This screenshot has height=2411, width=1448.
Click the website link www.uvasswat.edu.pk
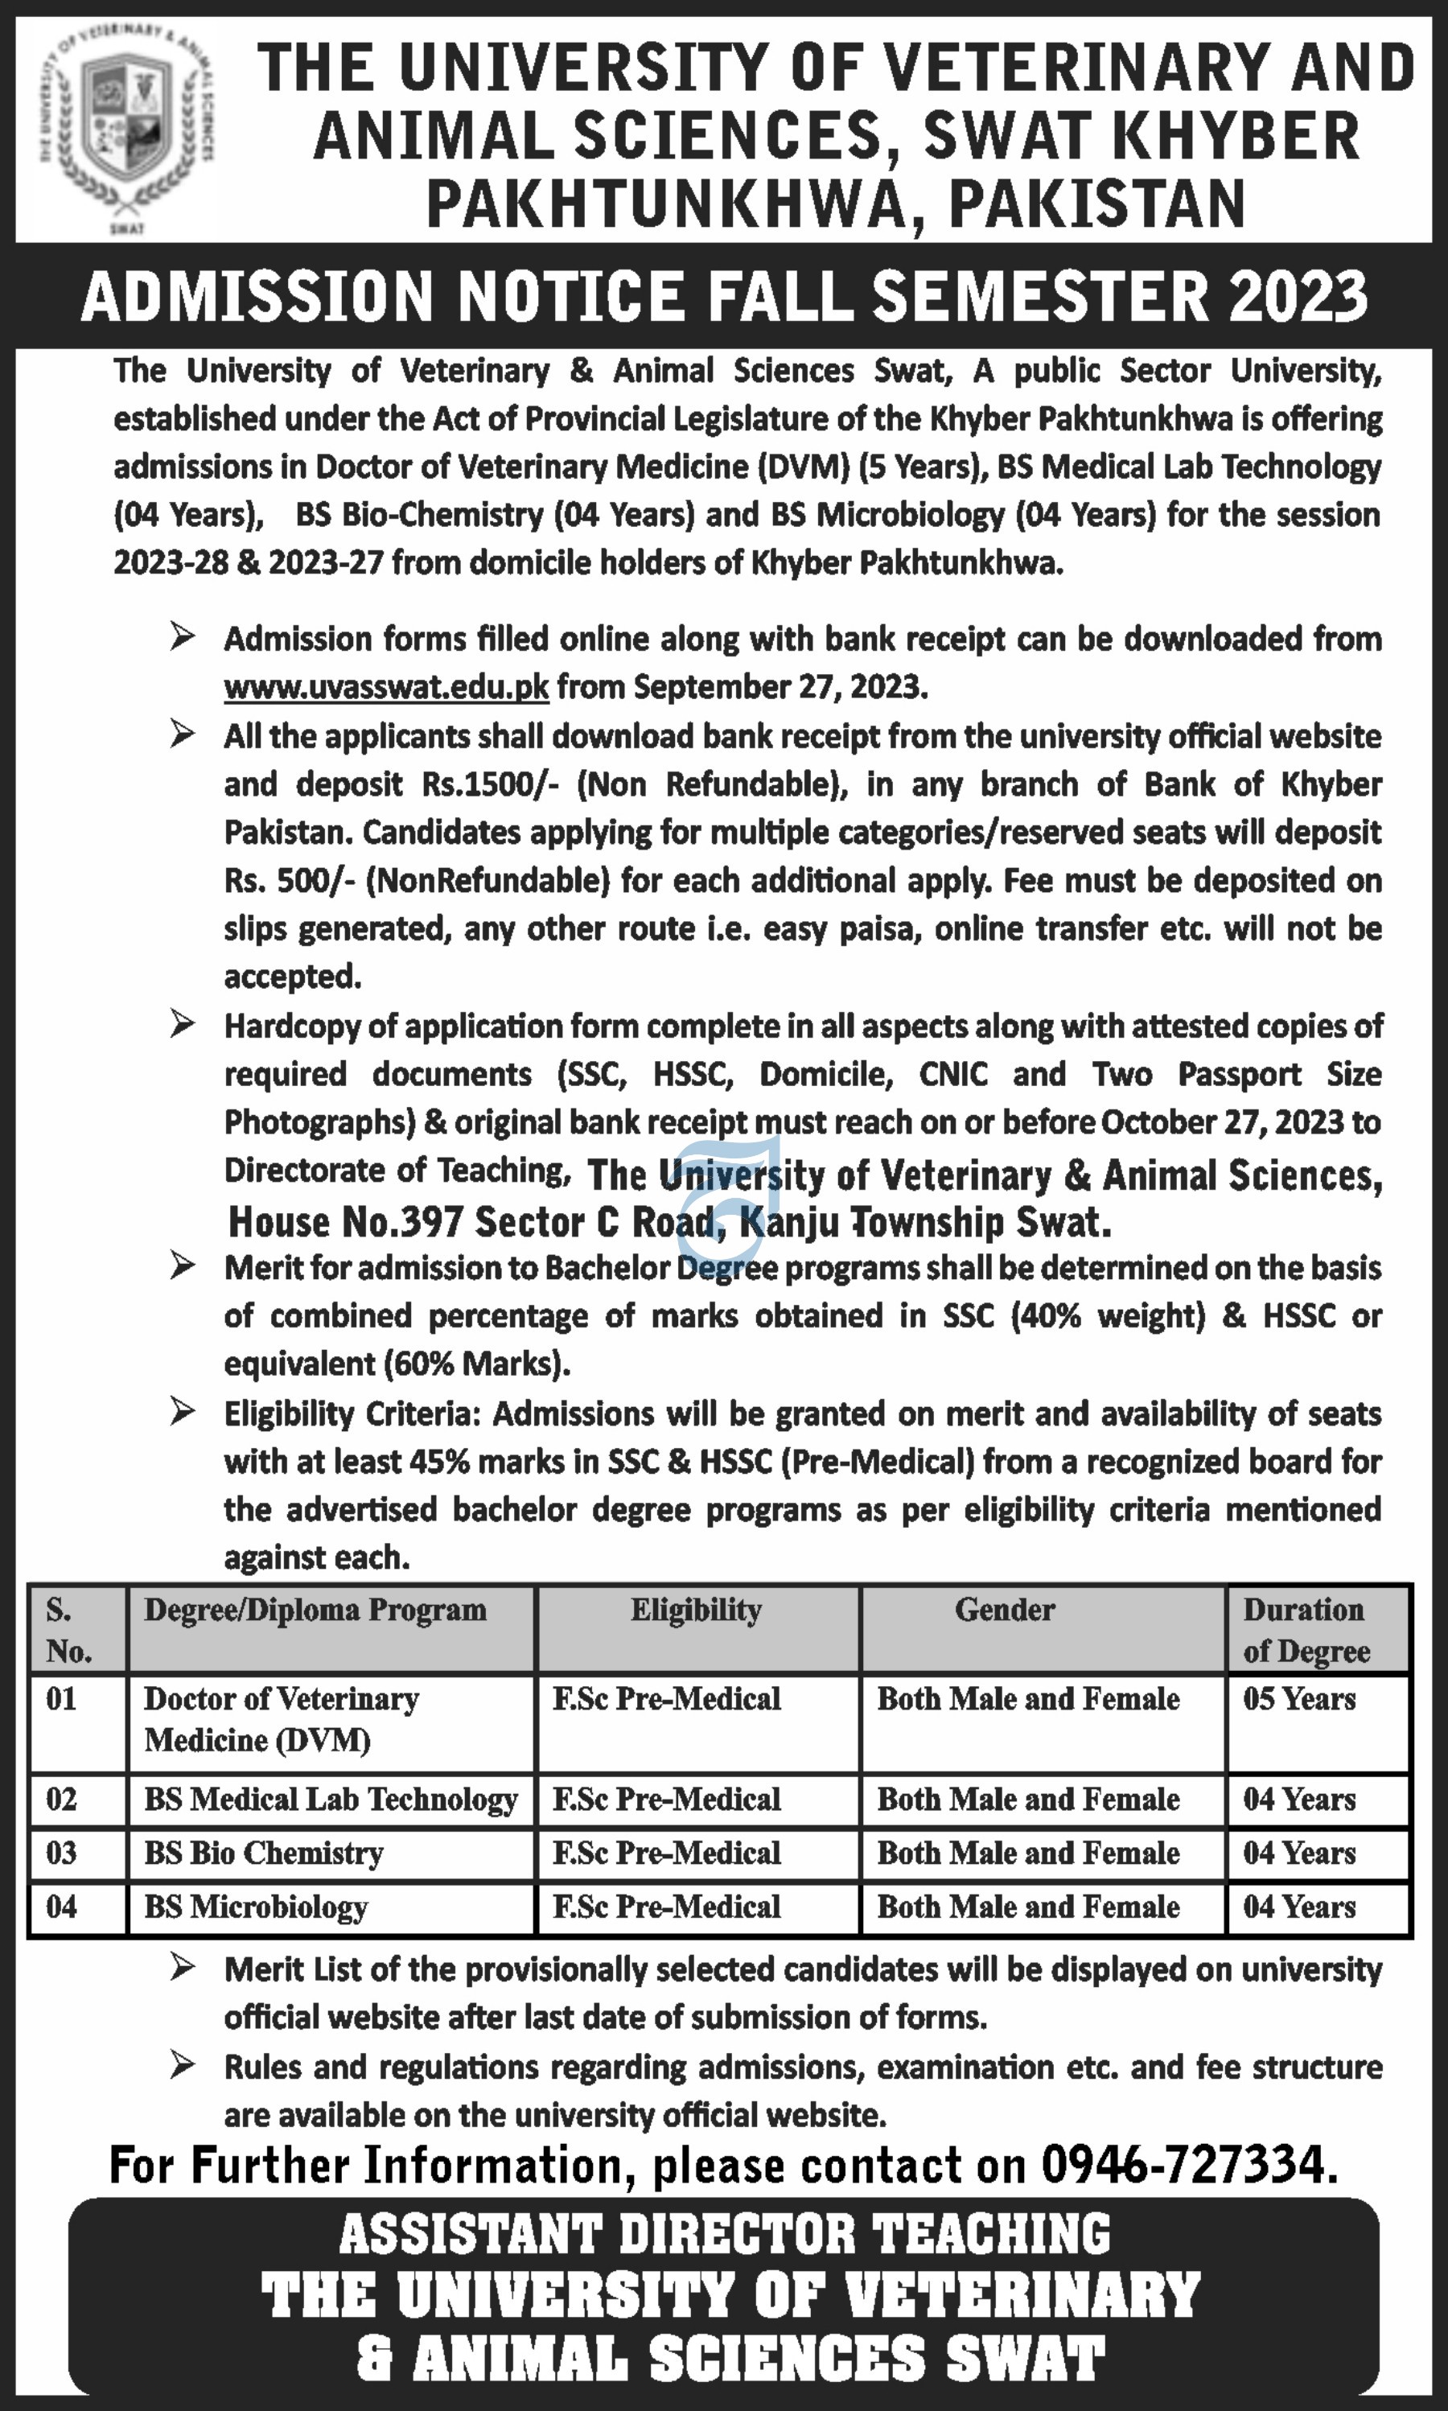pos(386,687)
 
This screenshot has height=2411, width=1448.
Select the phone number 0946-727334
pos(1183,2165)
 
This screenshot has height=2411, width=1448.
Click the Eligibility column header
pos(696,1610)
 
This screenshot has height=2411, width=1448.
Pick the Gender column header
pos(1004,1610)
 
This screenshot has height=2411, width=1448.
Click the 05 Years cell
pos(1298,1699)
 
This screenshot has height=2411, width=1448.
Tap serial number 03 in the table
pos(61,1853)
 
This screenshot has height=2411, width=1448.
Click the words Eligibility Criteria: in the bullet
pos(353,1413)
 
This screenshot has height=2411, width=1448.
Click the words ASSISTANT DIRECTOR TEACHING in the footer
pos(724,2234)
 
